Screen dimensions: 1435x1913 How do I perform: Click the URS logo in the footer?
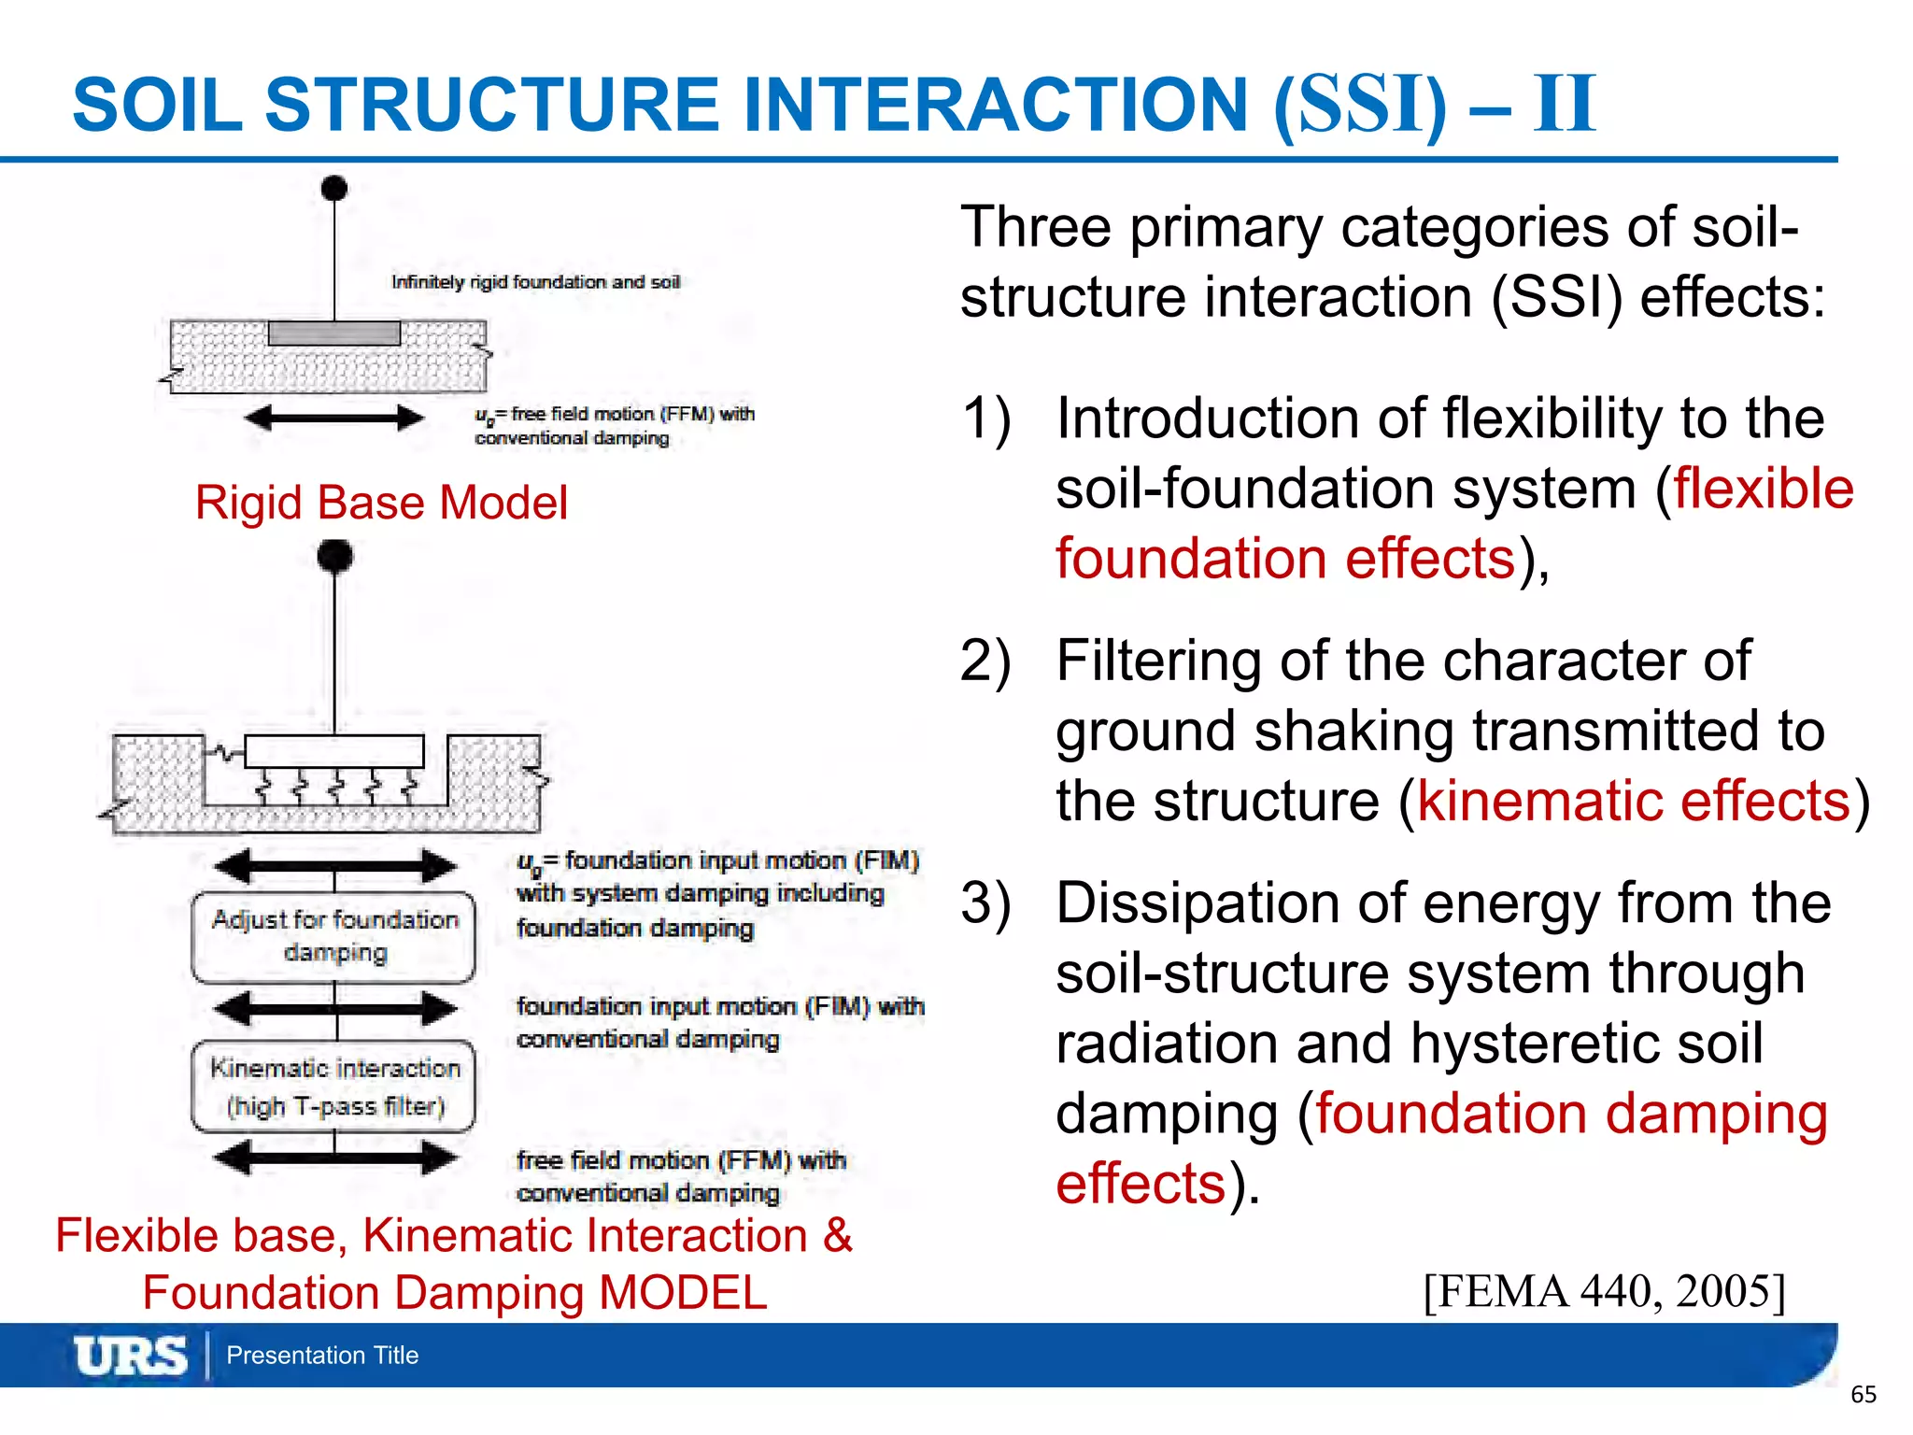coord(130,1355)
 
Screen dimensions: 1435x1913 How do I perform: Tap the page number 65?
coord(1863,1395)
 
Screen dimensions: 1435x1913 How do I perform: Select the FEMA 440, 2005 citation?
coord(1604,1291)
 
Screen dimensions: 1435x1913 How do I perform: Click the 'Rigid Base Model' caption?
coord(381,503)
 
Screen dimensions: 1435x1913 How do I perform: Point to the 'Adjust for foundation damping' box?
coord(333,937)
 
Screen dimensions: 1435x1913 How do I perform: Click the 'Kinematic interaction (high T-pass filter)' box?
coord(333,1087)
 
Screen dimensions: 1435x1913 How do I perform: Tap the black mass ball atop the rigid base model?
coord(333,188)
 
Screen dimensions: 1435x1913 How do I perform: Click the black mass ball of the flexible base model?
coord(334,556)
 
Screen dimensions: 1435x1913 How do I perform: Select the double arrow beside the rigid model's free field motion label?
coord(333,418)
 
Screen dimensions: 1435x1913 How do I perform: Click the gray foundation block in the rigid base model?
coord(333,333)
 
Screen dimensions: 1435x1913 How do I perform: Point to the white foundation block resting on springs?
coord(333,751)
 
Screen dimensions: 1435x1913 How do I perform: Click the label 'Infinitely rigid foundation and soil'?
coord(535,282)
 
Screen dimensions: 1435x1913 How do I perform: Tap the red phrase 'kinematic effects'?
coord(1634,802)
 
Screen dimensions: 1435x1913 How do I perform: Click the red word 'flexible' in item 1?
coord(1763,489)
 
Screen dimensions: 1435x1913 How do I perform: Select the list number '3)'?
coord(985,903)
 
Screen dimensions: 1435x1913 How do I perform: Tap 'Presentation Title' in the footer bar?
coord(322,1355)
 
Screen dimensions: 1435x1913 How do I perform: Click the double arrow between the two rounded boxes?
coord(333,1008)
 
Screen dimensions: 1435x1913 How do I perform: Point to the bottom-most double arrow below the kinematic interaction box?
coord(333,1158)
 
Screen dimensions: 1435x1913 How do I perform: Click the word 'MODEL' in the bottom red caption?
coord(682,1293)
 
